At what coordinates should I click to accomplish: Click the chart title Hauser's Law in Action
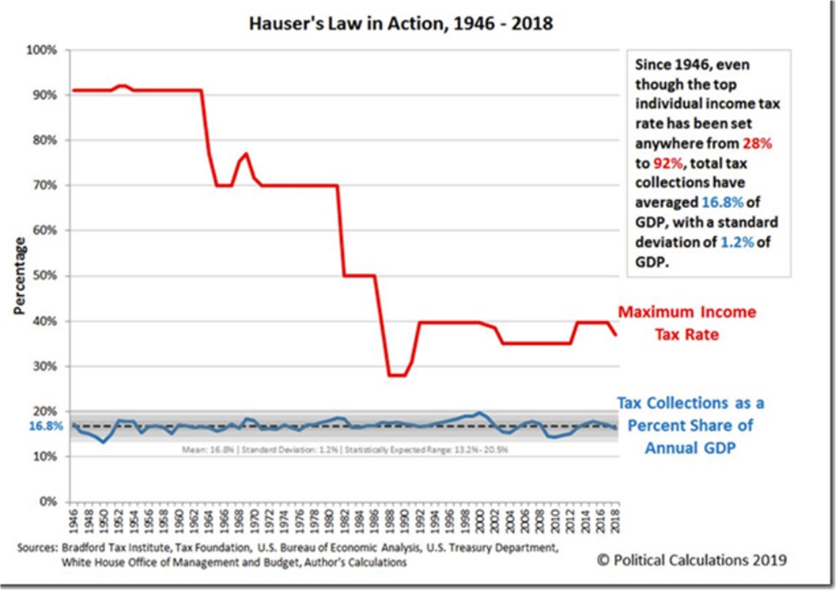pyautogui.click(x=401, y=23)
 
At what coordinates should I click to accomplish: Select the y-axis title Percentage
pyautogui.click(x=18, y=276)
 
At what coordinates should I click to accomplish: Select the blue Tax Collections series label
pyautogui.click(x=690, y=425)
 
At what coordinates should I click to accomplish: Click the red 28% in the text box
pyautogui.click(x=755, y=144)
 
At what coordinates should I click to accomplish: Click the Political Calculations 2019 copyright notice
pyautogui.click(x=691, y=560)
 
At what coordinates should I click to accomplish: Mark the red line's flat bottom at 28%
pyautogui.click(x=396, y=375)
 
